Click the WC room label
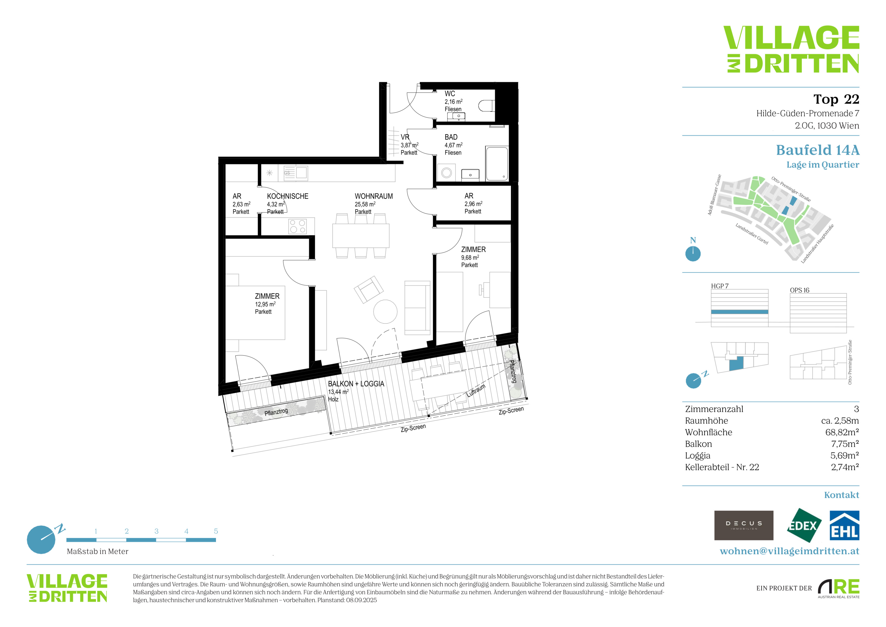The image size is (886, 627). point(450,94)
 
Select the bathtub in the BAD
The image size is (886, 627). point(497,163)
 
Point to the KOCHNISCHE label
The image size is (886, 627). point(288,196)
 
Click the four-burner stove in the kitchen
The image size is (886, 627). point(297,226)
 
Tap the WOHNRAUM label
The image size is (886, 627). point(374,196)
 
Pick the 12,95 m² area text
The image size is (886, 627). point(265,304)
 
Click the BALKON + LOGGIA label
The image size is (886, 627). point(356,384)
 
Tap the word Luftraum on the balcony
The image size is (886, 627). point(476,391)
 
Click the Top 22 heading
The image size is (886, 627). point(836,99)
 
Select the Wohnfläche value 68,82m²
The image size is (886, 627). point(842,432)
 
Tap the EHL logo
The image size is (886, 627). point(844,525)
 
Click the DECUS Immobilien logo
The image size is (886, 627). point(744,525)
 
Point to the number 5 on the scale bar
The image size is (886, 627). point(216,531)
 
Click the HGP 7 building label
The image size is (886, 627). point(720,286)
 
